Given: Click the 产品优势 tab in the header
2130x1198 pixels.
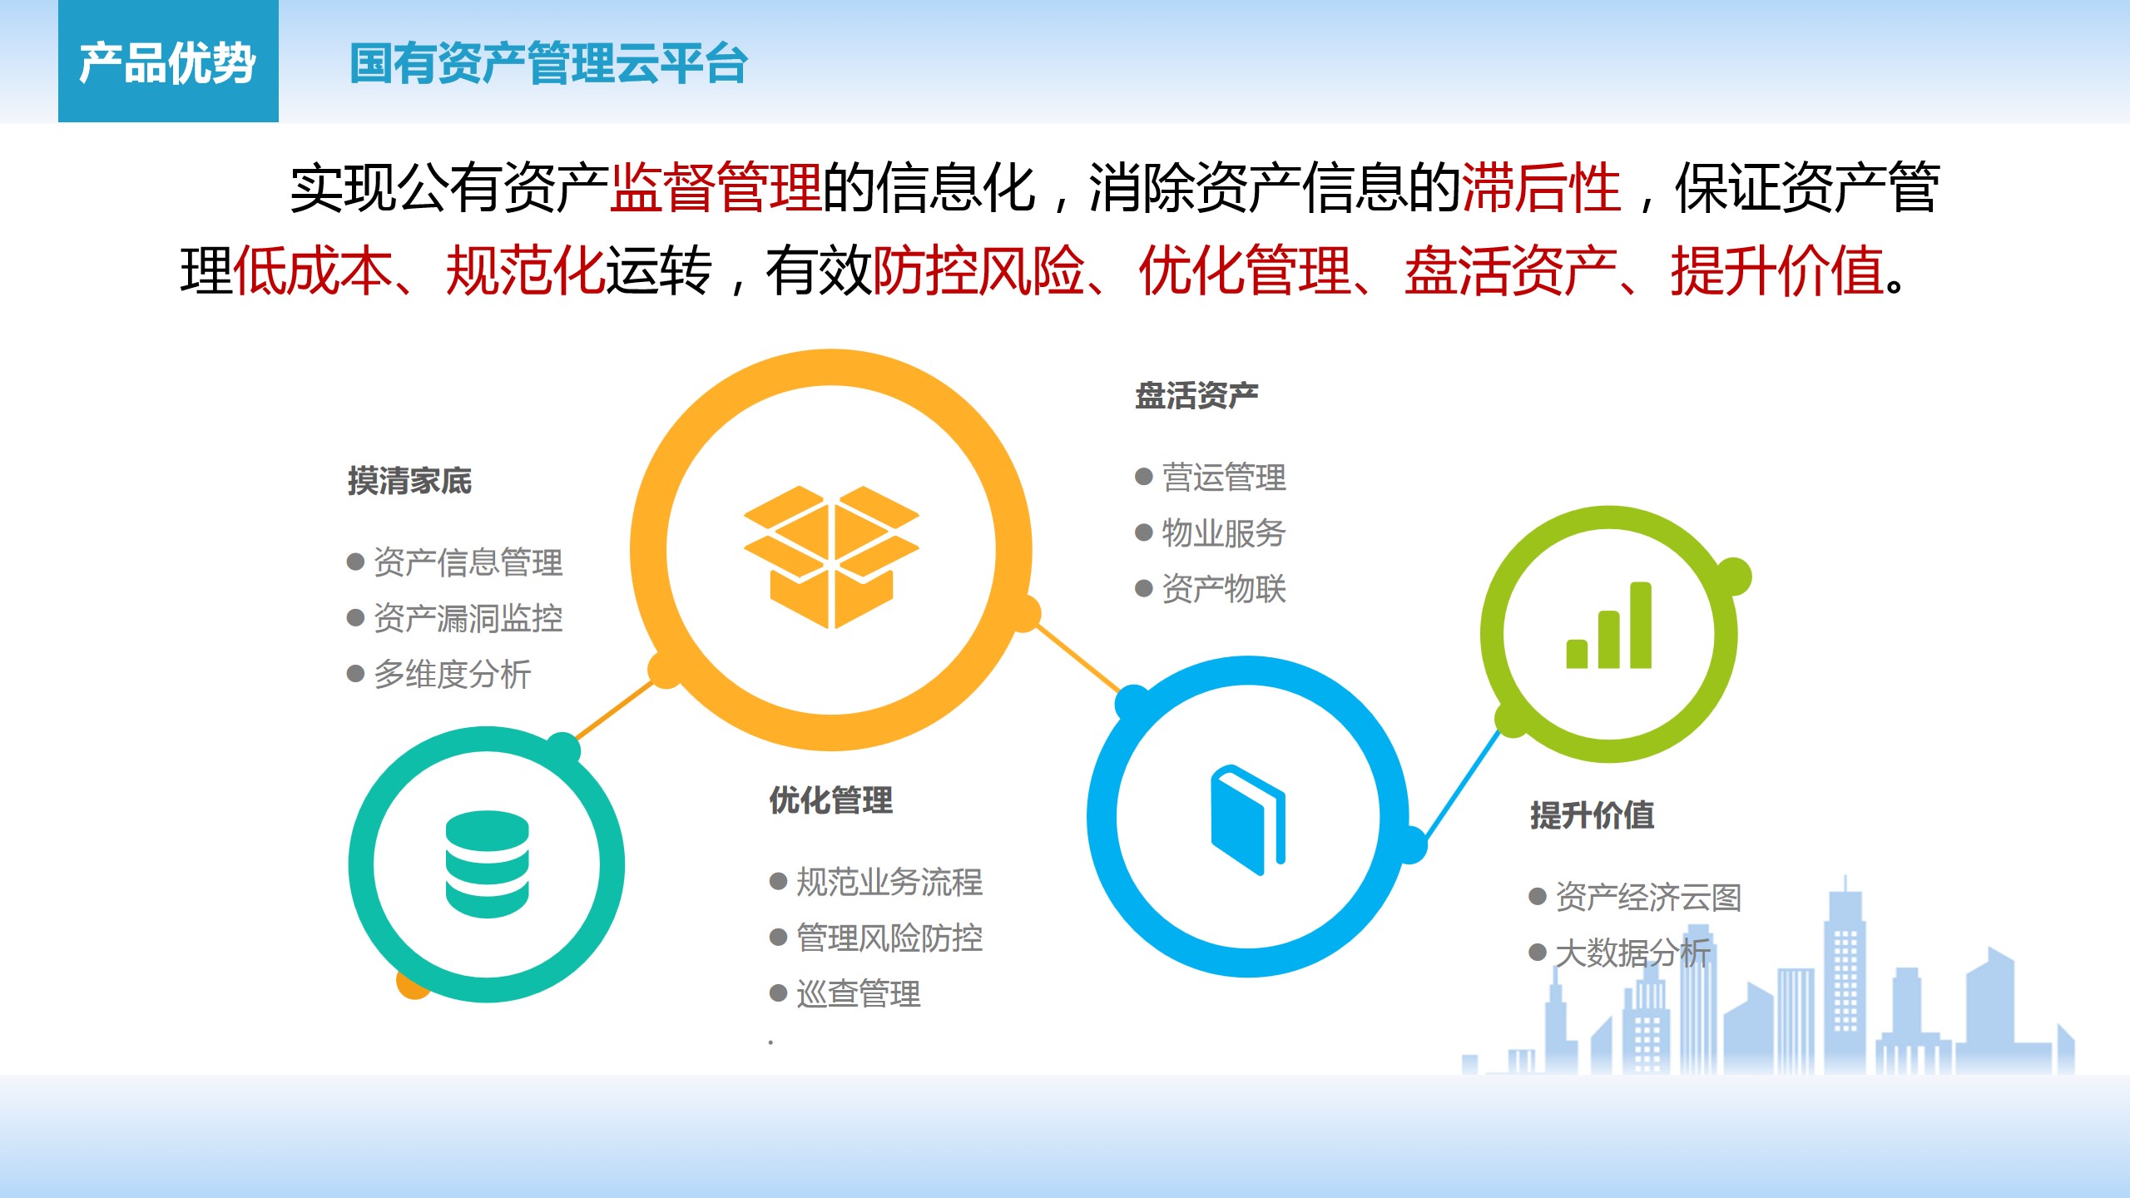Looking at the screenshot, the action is [168, 62].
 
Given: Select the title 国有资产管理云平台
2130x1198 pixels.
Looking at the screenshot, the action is [548, 63].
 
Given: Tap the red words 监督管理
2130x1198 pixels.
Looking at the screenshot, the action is [716, 187].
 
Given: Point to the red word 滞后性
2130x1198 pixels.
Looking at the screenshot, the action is [1541, 187].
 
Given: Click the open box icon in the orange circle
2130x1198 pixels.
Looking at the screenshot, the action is [831, 557].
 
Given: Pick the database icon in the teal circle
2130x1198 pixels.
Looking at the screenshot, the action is [488, 864].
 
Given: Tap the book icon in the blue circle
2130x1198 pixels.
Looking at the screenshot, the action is [1248, 819].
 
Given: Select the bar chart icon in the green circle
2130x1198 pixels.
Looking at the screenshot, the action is [1609, 625].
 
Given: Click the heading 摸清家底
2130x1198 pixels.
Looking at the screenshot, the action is [409, 481].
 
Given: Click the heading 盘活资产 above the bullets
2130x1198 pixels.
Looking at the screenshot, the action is [1197, 395].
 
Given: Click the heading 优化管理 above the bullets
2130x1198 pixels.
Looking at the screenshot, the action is [831, 799].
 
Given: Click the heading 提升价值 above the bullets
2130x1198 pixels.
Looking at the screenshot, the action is [1593, 814].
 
